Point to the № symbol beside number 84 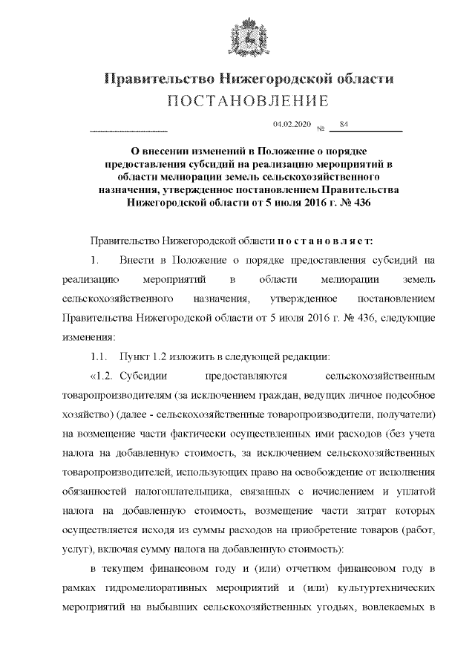click(321, 128)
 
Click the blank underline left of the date click(128, 131)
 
